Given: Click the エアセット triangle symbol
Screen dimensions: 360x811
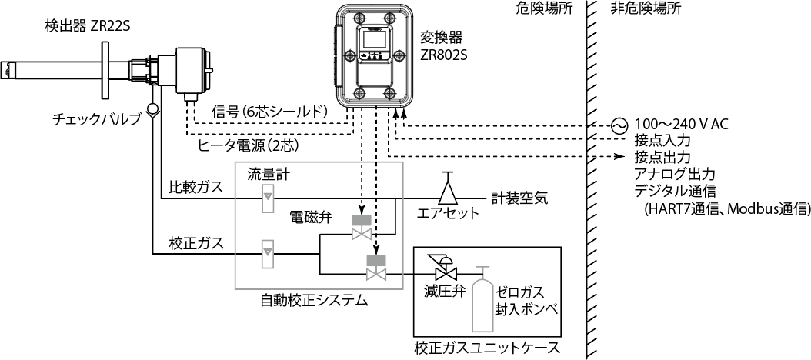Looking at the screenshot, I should click(447, 188).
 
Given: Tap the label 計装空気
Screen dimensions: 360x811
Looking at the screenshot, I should click(519, 198).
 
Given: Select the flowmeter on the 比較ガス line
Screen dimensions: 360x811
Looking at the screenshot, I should click(268, 198).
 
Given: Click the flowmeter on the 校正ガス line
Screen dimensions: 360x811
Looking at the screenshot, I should click(268, 252).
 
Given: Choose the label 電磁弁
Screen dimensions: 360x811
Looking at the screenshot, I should click(311, 218).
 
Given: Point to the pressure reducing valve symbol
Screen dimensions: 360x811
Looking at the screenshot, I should click(444, 271).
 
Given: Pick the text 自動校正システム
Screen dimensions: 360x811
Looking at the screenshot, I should click(314, 300).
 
